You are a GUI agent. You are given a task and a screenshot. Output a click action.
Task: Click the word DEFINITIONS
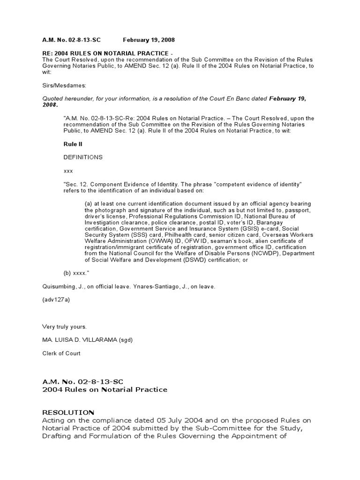pos(82,157)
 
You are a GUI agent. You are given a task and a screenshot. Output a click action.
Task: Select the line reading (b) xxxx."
pos(76,273)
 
